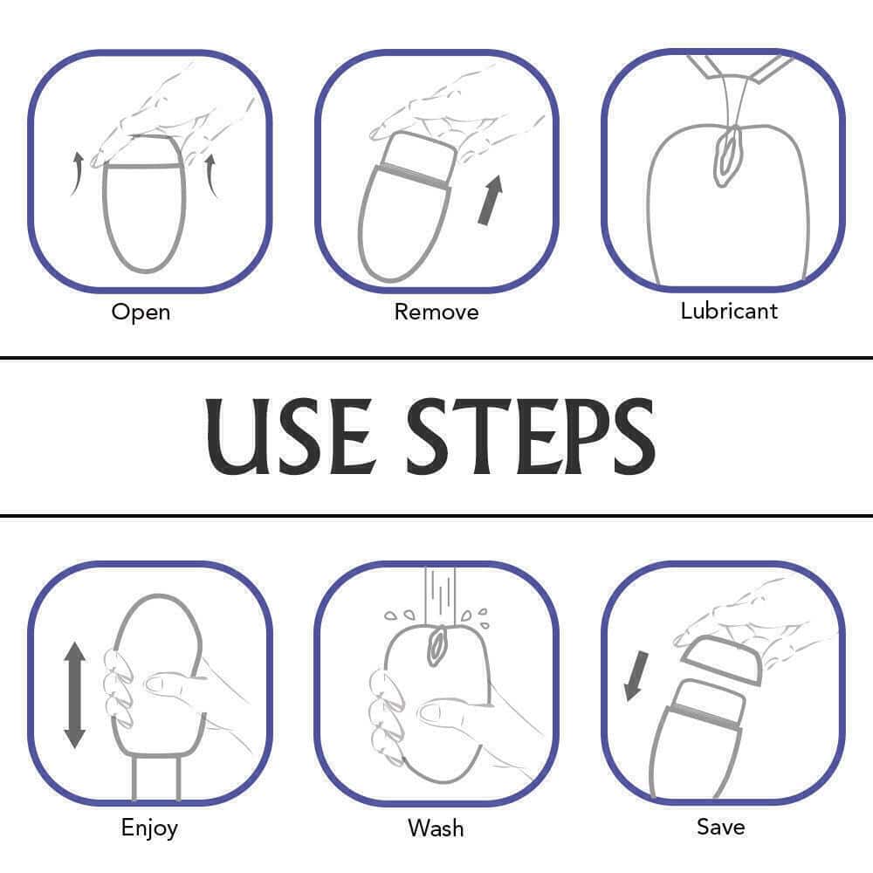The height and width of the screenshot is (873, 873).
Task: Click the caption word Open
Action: (x=141, y=313)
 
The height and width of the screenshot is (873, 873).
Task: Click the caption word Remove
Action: (x=436, y=312)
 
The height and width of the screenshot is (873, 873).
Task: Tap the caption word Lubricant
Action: (x=729, y=311)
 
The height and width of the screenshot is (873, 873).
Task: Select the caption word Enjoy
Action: (x=150, y=828)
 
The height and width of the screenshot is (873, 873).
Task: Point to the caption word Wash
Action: (x=436, y=828)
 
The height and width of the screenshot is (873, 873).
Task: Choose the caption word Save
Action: (x=721, y=827)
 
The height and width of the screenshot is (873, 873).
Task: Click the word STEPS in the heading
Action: (x=531, y=436)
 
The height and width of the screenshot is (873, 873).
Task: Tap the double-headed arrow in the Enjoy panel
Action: (x=74, y=695)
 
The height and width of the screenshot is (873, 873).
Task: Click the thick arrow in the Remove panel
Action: (x=491, y=201)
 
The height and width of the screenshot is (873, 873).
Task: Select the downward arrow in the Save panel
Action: (x=636, y=676)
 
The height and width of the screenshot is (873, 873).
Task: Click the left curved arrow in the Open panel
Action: (x=77, y=174)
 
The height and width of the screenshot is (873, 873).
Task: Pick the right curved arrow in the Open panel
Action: (x=211, y=175)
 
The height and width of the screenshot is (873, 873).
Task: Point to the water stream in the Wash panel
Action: (x=440, y=595)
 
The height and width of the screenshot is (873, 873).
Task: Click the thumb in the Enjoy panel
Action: (x=170, y=684)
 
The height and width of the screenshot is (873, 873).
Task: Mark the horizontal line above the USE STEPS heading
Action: (x=436, y=357)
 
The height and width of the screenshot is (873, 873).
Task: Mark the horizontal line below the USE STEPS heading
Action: (x=436, y=516)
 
